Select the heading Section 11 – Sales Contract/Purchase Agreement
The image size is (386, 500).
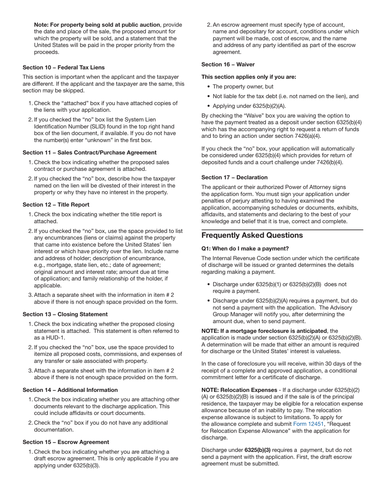coord(89,152)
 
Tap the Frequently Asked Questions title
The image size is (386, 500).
coord(252,235)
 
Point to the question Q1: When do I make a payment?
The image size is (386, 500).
coord(245,248)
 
